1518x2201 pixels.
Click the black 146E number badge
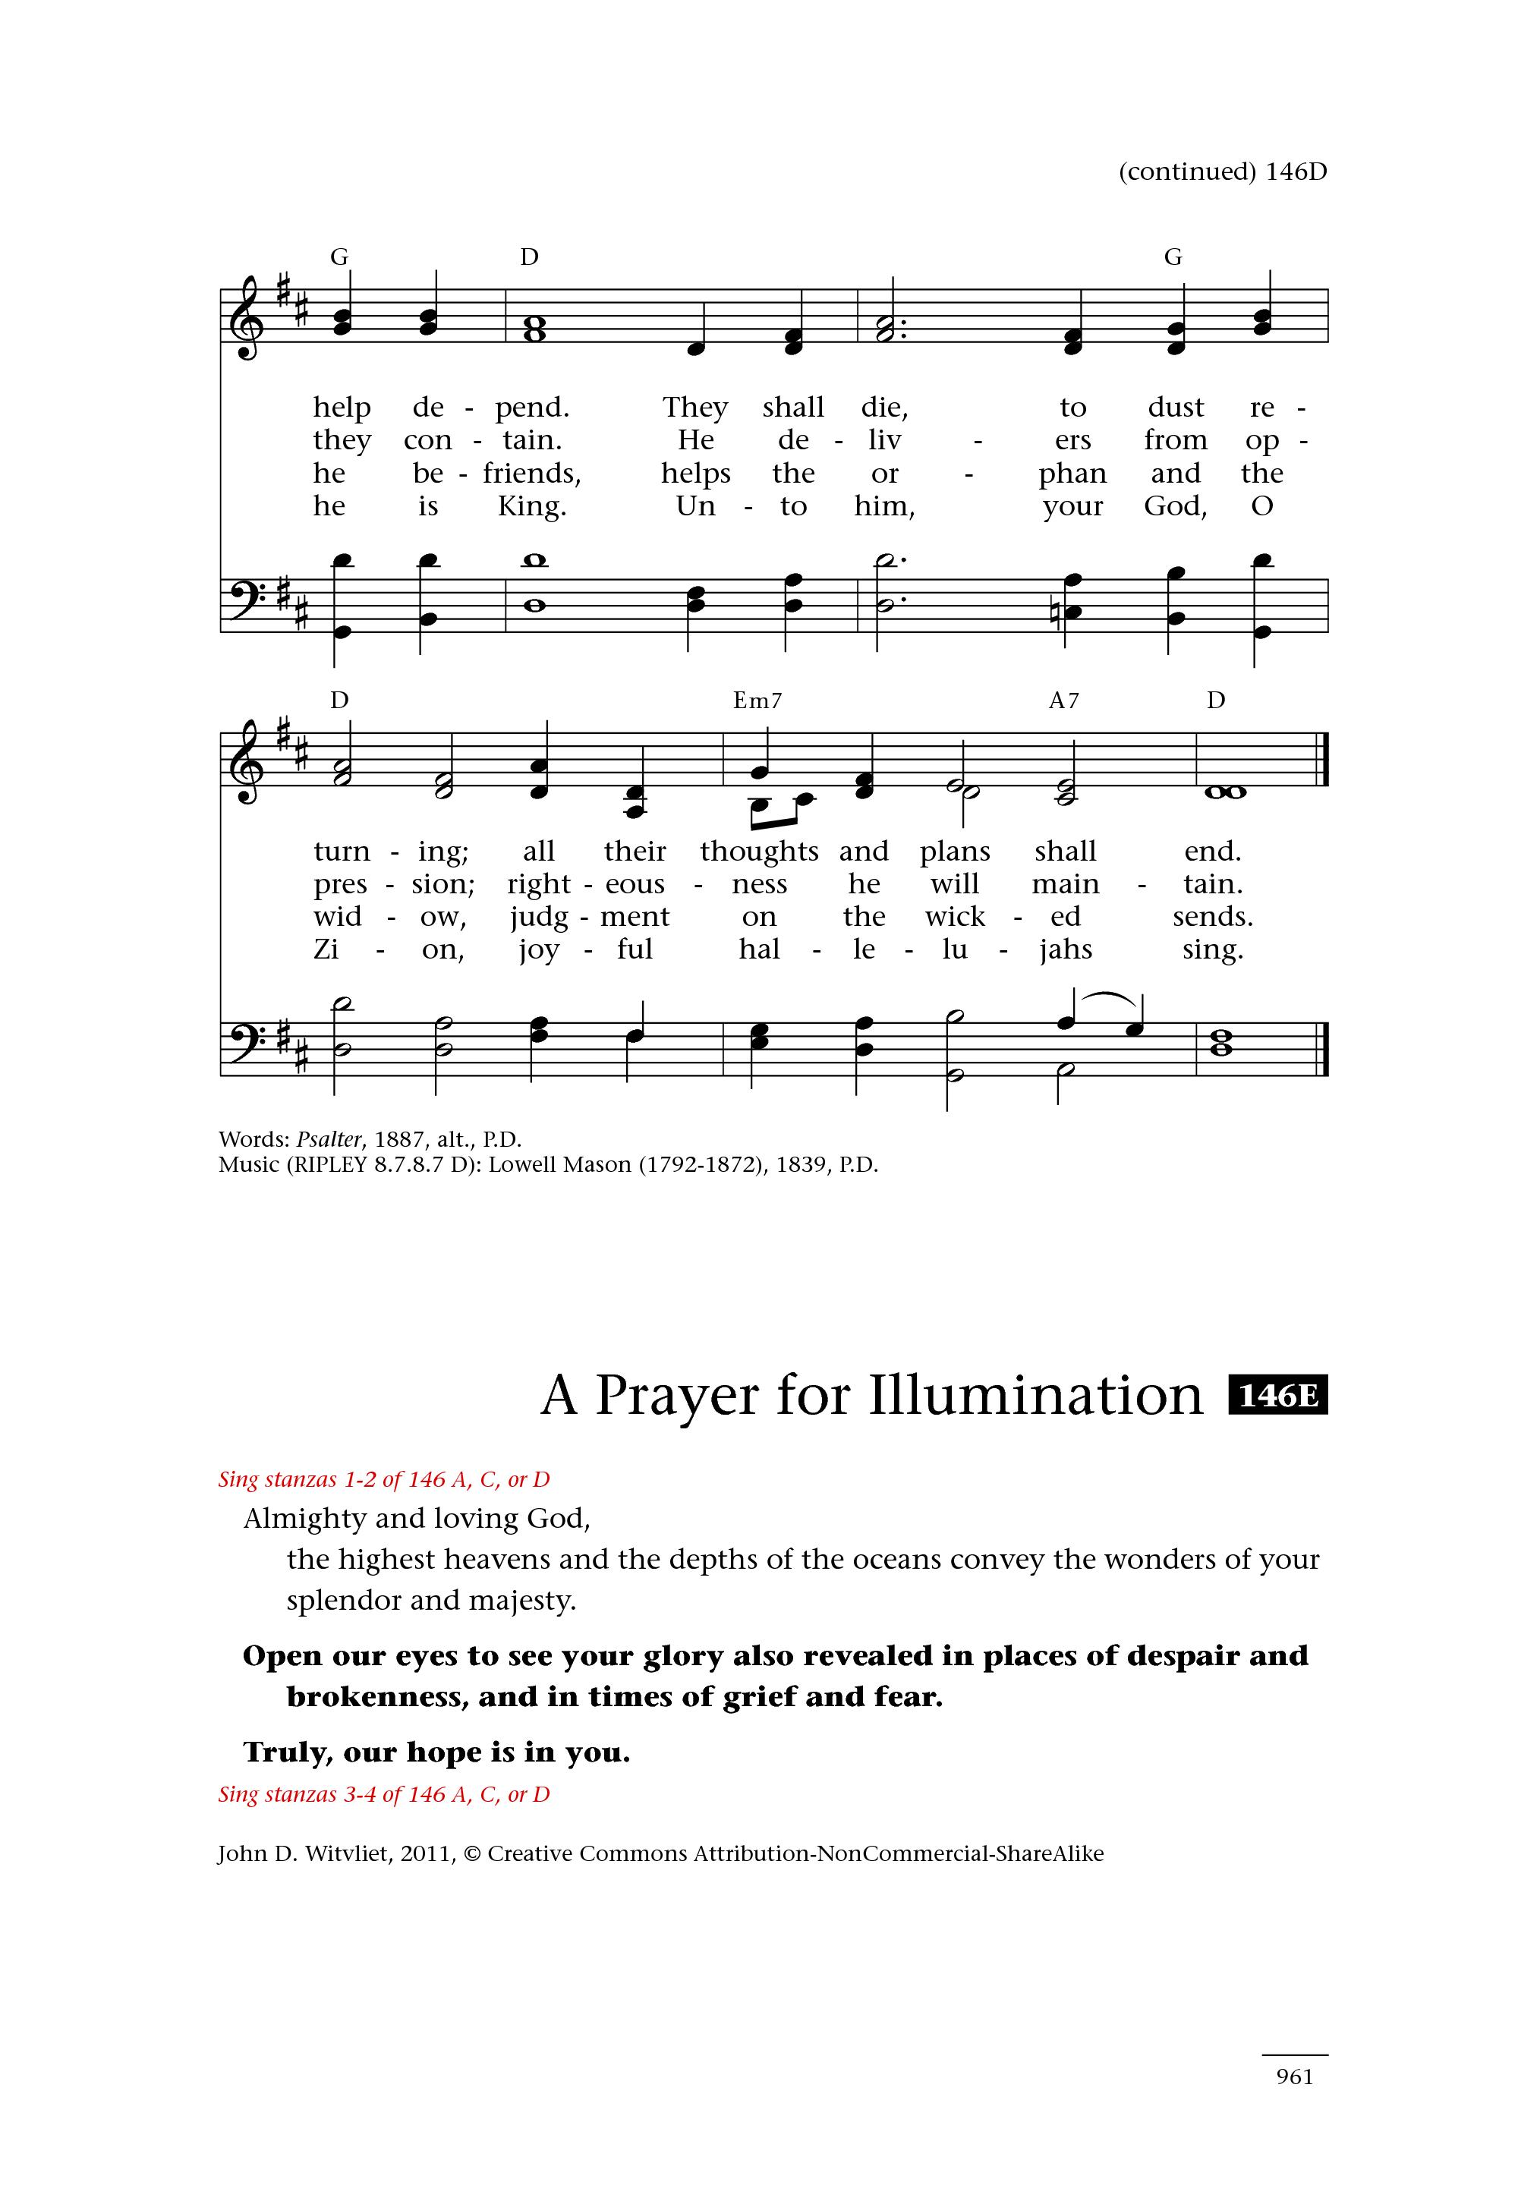click(1277, 1396)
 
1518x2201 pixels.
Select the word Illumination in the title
click(1036, 1396)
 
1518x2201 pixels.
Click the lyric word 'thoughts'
click(759, 852)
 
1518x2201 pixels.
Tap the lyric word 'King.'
click(532, 506)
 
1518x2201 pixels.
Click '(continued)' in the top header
click(1187, 172)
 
